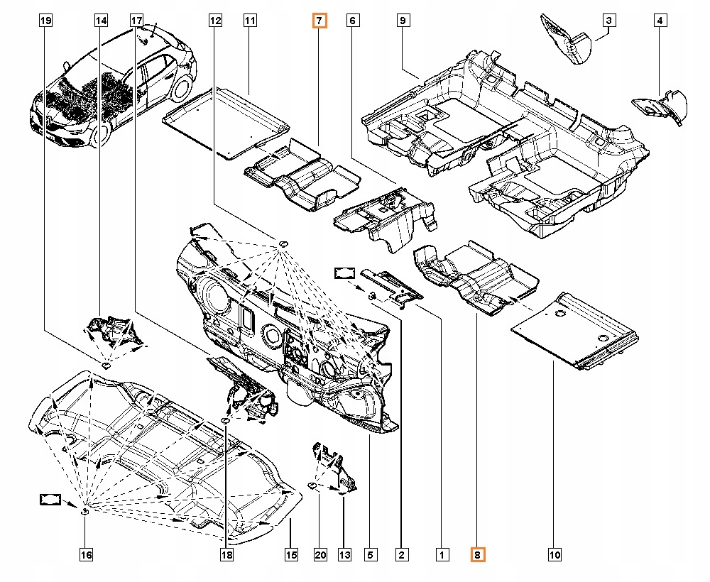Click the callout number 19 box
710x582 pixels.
click(45, 21)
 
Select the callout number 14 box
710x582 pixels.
click(101, 21)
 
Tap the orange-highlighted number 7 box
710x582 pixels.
click(319, 21)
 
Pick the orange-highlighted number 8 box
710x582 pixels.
click(478, 554)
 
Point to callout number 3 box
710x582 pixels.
click(609, 21)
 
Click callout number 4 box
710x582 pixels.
click(660, 21)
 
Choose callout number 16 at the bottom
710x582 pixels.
click(86, 554)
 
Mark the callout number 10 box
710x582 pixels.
click(555, 554)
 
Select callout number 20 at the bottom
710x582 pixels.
click(320, 554)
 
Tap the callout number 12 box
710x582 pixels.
click(215, 21)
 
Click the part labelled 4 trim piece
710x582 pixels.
click(660, 106)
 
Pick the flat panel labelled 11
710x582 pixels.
click(226, 123)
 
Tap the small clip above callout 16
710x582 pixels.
click(84, 512)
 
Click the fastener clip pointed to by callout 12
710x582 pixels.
click(283, 244)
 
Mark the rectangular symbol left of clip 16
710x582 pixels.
click(50, 500)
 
